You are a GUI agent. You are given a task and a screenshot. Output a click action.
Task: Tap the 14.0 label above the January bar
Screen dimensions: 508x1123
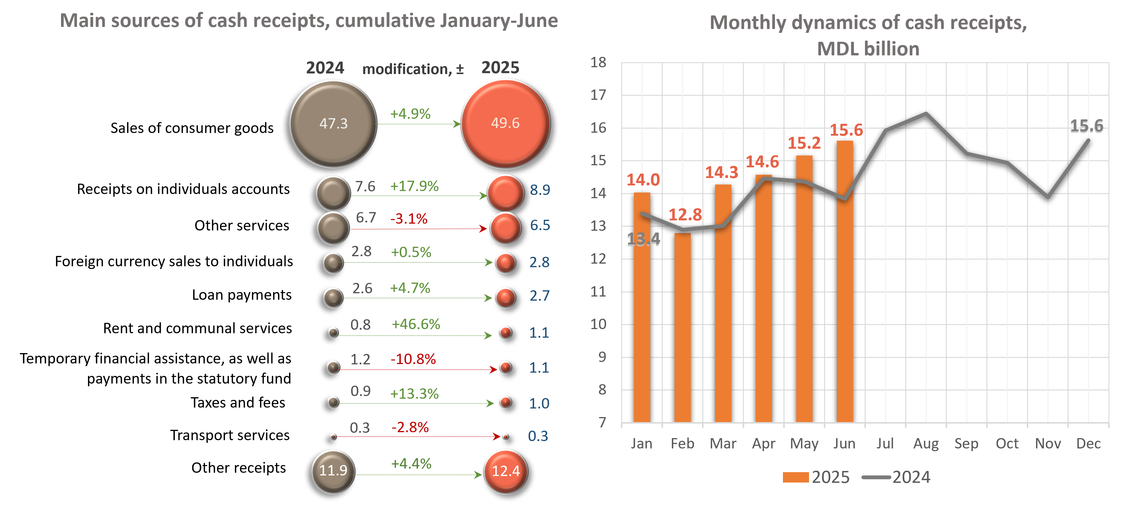643,180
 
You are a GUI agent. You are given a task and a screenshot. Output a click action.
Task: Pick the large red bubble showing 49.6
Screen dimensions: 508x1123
505,124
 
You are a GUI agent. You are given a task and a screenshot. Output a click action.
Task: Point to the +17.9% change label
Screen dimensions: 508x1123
414,186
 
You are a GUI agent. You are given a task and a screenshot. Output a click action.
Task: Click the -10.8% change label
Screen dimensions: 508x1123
413,359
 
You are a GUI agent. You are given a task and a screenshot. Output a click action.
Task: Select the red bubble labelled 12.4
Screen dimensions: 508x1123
506,471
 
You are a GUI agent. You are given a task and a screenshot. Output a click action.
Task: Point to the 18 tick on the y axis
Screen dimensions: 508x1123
598,63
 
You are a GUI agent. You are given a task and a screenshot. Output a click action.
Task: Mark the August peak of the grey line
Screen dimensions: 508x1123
926,113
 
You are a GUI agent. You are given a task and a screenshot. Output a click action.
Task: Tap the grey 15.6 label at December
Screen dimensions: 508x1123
1086,126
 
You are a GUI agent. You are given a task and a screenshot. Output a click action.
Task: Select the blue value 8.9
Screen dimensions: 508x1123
540,190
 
